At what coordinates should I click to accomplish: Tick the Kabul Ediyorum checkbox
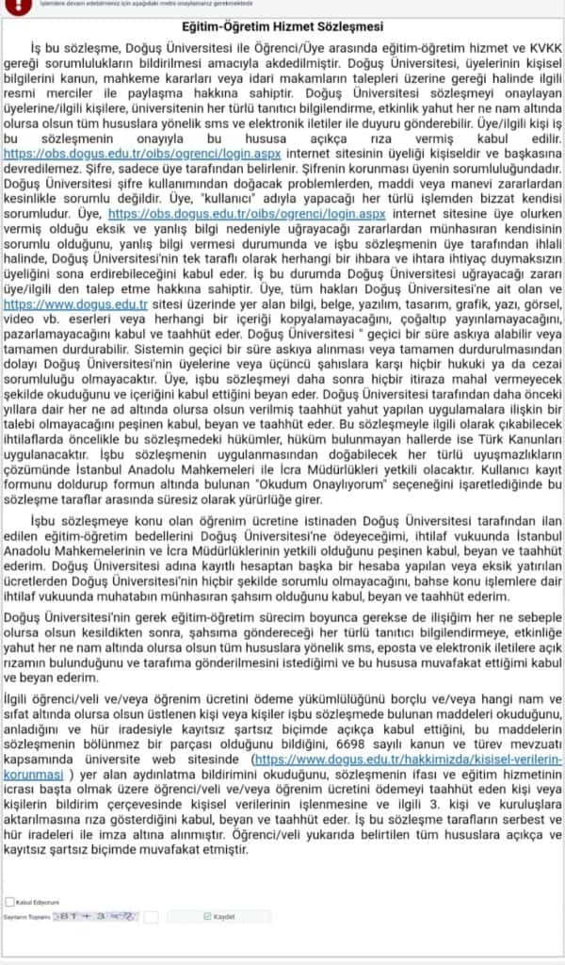(10, 902)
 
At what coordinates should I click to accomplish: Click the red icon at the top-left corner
(8, 4)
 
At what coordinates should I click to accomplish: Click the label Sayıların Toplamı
(25, 917)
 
